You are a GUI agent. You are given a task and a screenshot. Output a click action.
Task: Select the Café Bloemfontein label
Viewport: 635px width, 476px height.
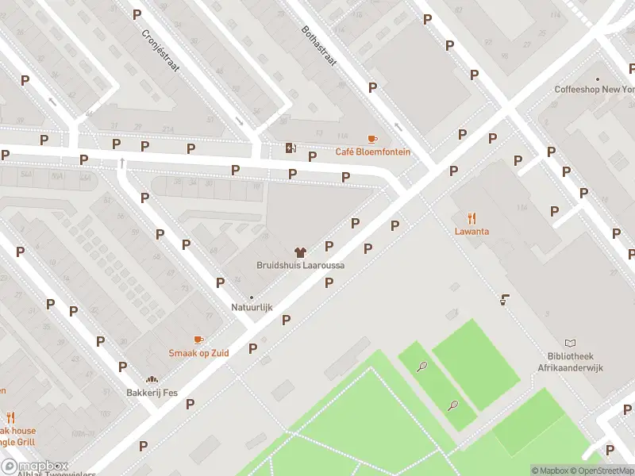point(373,152)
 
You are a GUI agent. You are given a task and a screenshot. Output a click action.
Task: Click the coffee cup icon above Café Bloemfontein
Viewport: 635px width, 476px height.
point(372,139)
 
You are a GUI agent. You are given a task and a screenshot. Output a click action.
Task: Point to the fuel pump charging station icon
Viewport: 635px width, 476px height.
point(291,147)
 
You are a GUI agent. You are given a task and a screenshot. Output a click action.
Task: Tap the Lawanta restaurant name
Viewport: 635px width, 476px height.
point(471,232)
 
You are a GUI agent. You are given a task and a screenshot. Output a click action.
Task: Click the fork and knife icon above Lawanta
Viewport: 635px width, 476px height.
point(471,218)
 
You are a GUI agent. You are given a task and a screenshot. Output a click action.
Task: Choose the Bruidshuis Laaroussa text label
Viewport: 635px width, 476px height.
point(300,265)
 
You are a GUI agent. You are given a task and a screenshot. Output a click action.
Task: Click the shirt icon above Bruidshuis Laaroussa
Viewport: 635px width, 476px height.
point(300,251)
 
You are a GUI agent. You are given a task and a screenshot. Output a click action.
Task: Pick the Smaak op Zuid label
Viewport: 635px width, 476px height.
point(198,352)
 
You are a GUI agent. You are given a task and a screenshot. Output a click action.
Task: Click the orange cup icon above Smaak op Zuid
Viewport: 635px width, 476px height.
point(198,340)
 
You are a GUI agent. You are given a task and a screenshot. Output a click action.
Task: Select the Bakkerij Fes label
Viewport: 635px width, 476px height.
point(152,393)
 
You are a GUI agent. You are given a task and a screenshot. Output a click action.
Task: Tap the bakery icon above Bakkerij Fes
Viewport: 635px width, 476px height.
point(152,380)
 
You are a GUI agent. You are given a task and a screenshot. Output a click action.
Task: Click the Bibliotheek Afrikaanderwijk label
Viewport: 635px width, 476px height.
point(570,361)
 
